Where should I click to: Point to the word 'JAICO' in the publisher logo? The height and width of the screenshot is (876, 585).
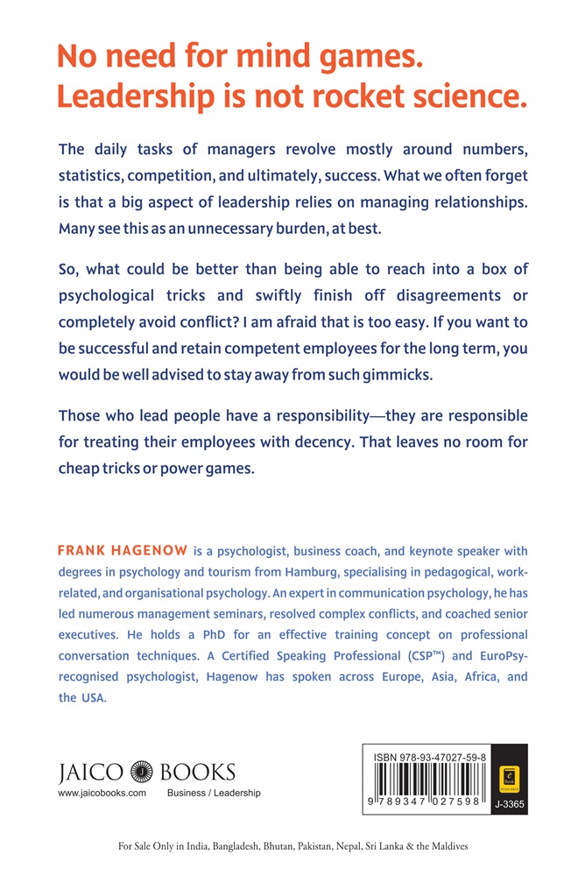click(x=91, y=772)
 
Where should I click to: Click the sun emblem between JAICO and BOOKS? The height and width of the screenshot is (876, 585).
click(x=142, y=772)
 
